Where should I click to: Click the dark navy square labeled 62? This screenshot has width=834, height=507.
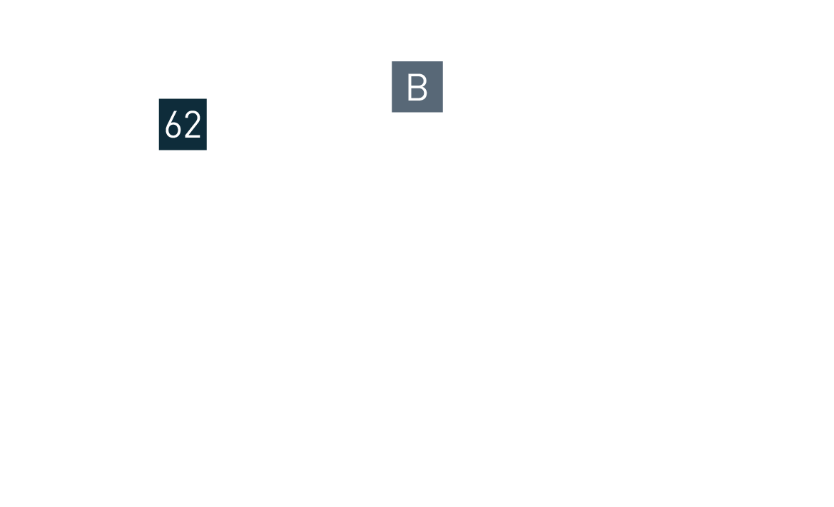(x=183, y=124)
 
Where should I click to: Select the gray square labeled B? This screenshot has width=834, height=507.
(x=417, y=87)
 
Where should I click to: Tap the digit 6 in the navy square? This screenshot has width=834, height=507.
(x=173, y=126)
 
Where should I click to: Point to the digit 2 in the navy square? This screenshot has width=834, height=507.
(x=193, y=126)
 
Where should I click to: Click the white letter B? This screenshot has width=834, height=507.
(x=417, y=88)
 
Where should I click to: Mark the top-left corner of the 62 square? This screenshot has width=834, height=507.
(x=158, y=98)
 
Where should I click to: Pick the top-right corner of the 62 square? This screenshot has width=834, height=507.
(x=206, y=98)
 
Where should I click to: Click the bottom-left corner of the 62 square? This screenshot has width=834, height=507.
(x=158, y=150)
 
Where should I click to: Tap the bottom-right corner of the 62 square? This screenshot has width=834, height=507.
(x=206, y=150)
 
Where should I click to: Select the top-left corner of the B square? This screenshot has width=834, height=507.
(x=392, y=61)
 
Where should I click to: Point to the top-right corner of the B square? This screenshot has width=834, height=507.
(x=442, y=61)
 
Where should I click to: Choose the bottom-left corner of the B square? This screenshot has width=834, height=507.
(x=392, y=112)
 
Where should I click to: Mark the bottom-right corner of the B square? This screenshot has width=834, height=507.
(x=442, y=112)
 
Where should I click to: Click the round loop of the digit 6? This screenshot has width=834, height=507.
(x=173, y=130)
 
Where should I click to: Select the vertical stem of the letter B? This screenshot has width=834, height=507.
(x=410, y=88)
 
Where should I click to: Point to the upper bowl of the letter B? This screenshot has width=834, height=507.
(x=421, y=80)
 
